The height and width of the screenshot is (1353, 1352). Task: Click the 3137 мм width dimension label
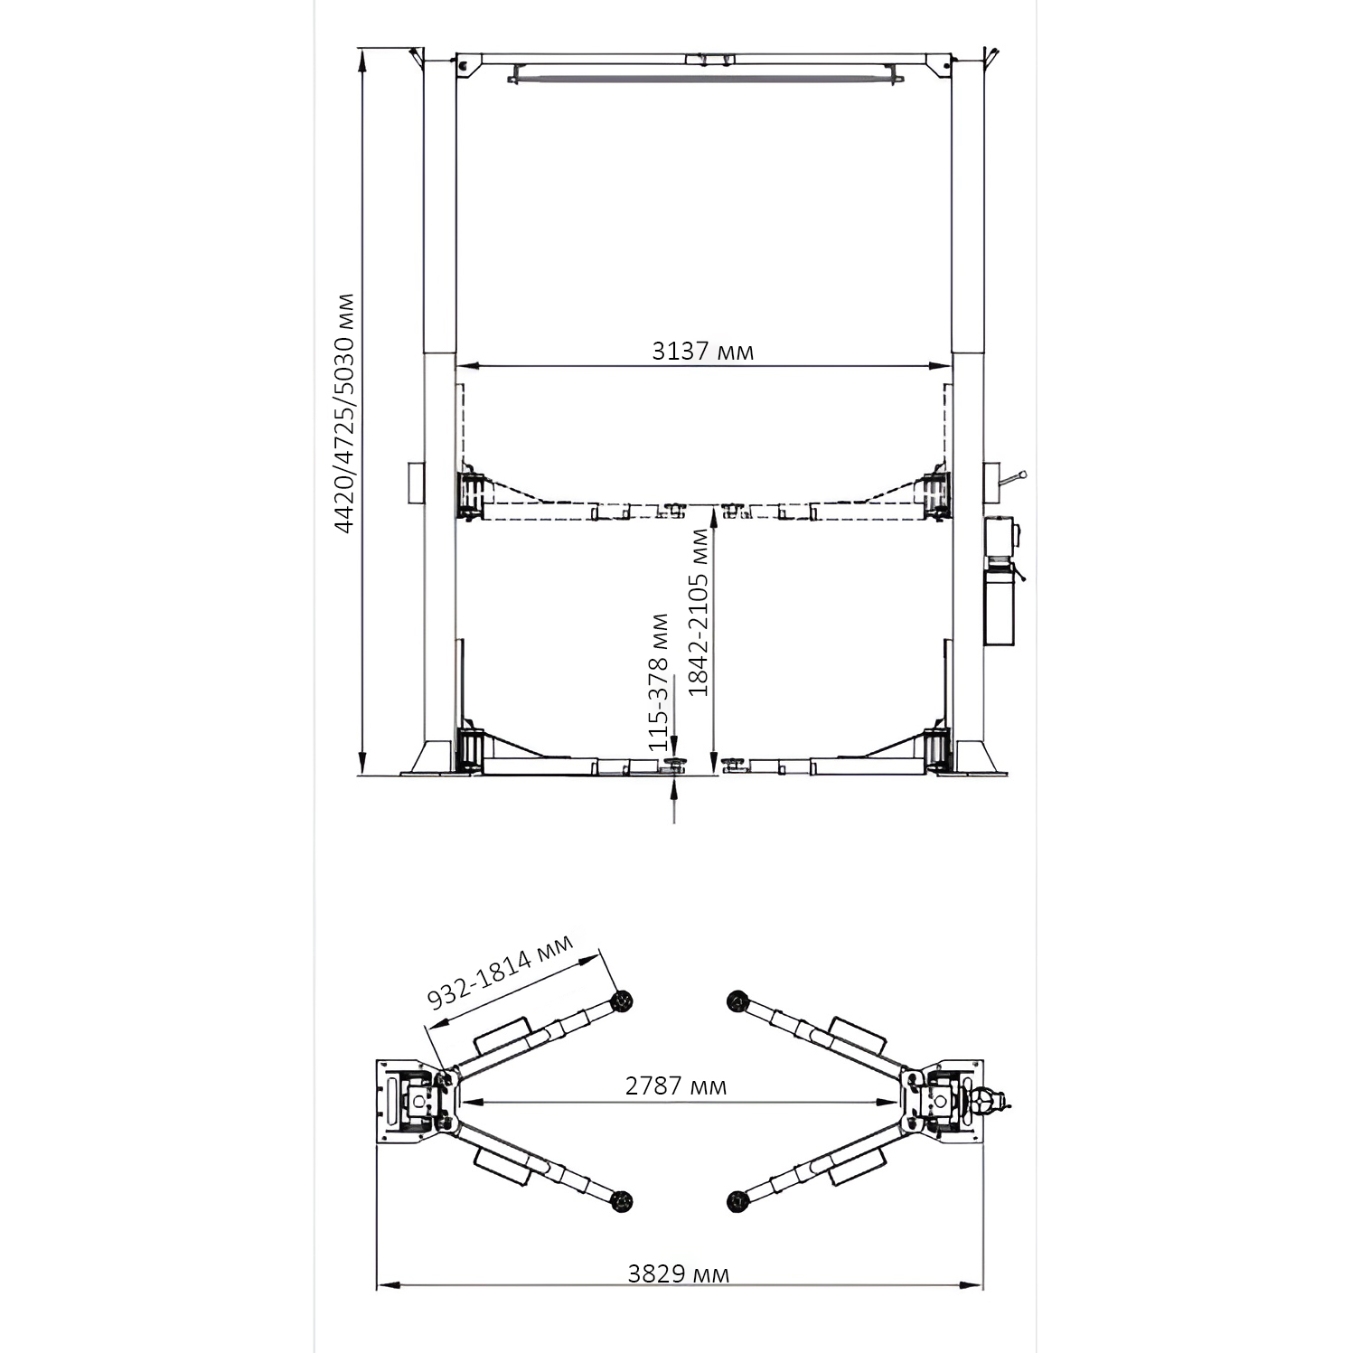tap(702, 351)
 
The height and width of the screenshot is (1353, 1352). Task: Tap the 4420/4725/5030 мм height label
tap(344, 413)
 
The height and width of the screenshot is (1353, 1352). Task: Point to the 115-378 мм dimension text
tap(659, 682)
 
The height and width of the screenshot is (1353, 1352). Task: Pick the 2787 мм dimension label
tap(675, 1085)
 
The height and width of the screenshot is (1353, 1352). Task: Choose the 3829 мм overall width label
tap(678, 1274)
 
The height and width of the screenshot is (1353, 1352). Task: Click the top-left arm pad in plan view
tap(621, 1001)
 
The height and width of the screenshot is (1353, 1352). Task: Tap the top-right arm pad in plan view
tap(737, 1001)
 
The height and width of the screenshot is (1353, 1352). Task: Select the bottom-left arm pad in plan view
tap(621, 1201)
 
